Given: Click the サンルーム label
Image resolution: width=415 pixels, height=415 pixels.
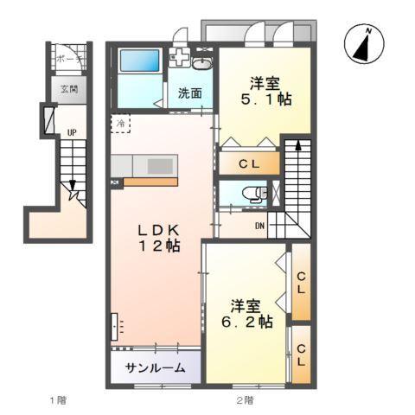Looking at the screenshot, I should click(x=155, y=367).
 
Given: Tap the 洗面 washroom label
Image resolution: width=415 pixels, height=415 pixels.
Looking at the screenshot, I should click(x=190, y=93).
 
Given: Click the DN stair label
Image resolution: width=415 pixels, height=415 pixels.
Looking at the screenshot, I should click(x=259, y=227).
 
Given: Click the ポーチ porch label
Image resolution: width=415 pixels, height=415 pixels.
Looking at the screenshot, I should click(x=68, y=59).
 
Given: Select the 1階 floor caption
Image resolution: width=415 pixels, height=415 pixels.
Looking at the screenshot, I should click(x=57, y=399).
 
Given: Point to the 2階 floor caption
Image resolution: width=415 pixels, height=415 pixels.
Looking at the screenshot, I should click(x=245, y=399).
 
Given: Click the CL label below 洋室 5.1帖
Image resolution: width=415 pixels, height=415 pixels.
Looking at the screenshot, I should click(x=248, y=163).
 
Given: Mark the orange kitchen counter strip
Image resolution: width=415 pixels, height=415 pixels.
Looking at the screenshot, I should click(x=150, y=182).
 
